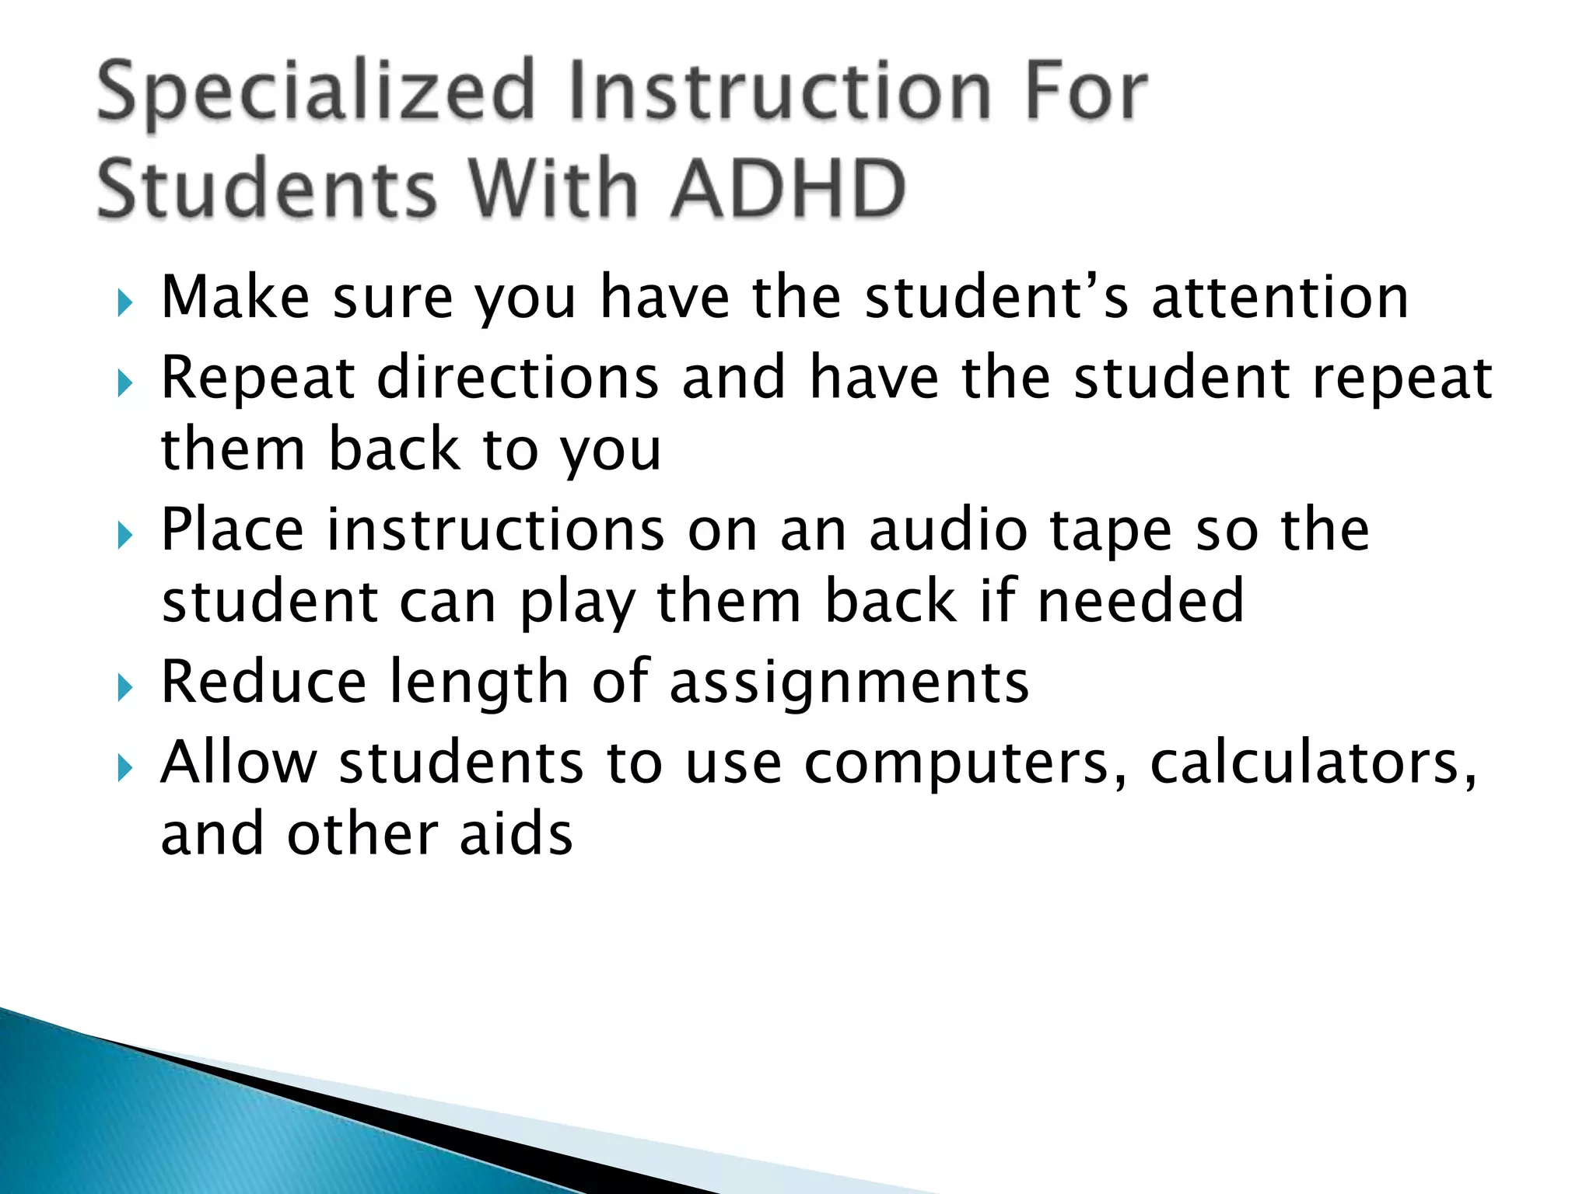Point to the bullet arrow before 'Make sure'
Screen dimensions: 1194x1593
[x=125, y=303]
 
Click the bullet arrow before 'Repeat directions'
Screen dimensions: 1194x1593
[x=125, y=383]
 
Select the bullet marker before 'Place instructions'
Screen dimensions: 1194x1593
[x=125, y=536]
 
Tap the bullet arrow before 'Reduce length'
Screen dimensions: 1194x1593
[x=125, y=688]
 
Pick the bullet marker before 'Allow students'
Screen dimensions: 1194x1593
[x=125, y=769]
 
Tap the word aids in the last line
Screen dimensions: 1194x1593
[x=516, y=833]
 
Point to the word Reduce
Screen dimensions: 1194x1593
[x=263, y=682]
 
